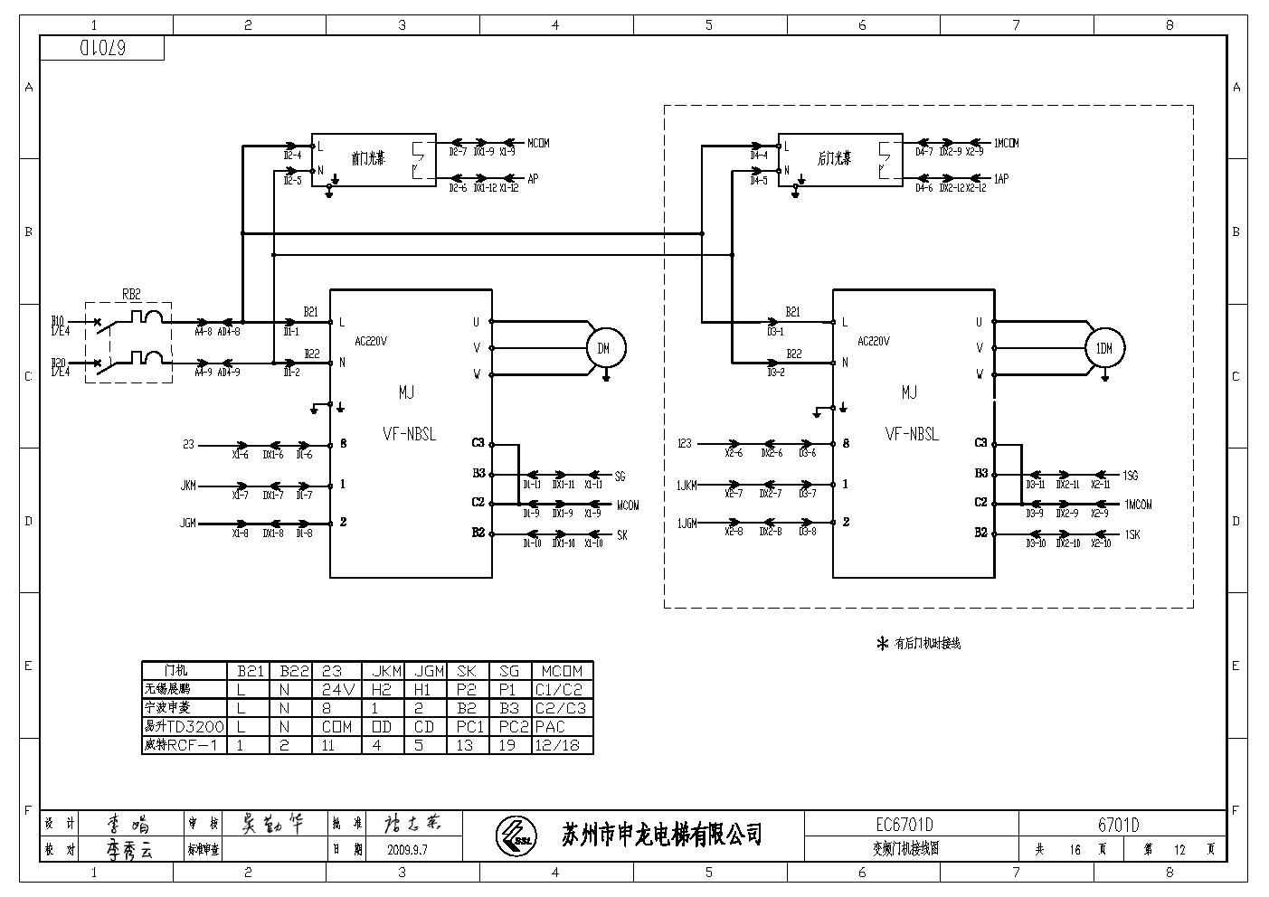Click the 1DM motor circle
[x=1104, y=348]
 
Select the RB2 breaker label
[x=131, y=294]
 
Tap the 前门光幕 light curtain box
[x=374, y=160]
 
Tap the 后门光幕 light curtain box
[x=839, y=160]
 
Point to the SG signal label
[x=620, y=476]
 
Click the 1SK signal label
[x=1132, y=534]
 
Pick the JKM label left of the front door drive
[x=188, y=486]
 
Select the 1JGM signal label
[x=687, y=524]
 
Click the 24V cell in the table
[x=338, y=689]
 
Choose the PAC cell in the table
[x=550, y=726]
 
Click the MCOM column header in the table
[x=563, y=671]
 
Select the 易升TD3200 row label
[x=184, y=726]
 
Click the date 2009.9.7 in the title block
[x=407, y=850]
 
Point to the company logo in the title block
[x=516, y=834]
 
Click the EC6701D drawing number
[x=904, y=825]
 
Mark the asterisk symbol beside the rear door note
[x=883, y=644]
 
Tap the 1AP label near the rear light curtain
[x=1001, y=179]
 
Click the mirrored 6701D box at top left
[x=102, y=49]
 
